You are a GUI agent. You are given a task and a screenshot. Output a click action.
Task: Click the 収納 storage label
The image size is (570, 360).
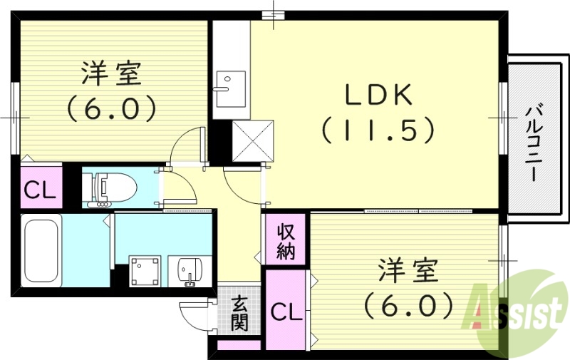coord(286,240)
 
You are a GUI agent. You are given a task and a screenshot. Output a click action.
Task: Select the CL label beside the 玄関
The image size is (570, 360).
coord(285,312)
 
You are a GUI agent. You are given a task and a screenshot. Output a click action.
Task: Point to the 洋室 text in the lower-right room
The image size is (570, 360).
coord(408,272)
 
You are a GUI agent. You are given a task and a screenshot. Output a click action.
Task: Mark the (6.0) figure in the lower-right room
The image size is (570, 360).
coord(408,306)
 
